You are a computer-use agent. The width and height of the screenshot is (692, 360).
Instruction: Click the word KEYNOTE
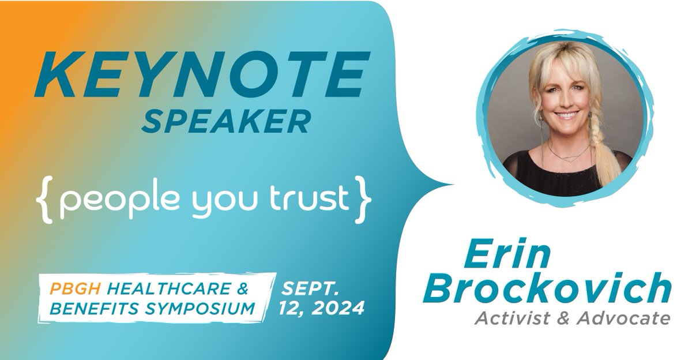tap(198, 77)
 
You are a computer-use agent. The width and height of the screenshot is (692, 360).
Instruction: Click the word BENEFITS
tap(90, 309)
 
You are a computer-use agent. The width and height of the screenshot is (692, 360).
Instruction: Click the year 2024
tap(338, 308)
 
